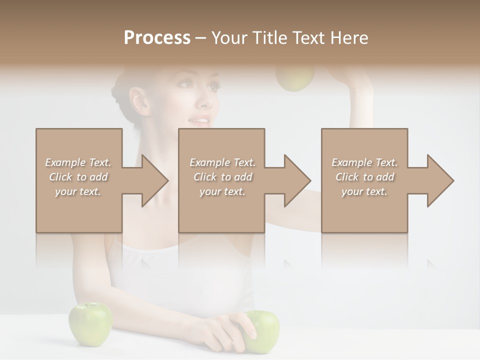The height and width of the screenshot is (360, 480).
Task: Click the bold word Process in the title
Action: coord(157,37)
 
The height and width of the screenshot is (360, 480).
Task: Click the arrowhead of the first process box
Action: coord(155,180)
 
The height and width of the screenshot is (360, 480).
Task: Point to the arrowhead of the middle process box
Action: coord(297,180)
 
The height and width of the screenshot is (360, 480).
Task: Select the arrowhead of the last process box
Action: coord(440,180)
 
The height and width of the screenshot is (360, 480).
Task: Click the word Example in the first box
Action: coord(65,162)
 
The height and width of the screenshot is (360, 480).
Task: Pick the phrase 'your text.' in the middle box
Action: coord(222,191)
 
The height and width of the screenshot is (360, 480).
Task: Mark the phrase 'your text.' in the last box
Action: coord(364,191)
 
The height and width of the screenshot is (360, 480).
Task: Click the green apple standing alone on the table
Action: coord(90,324)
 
